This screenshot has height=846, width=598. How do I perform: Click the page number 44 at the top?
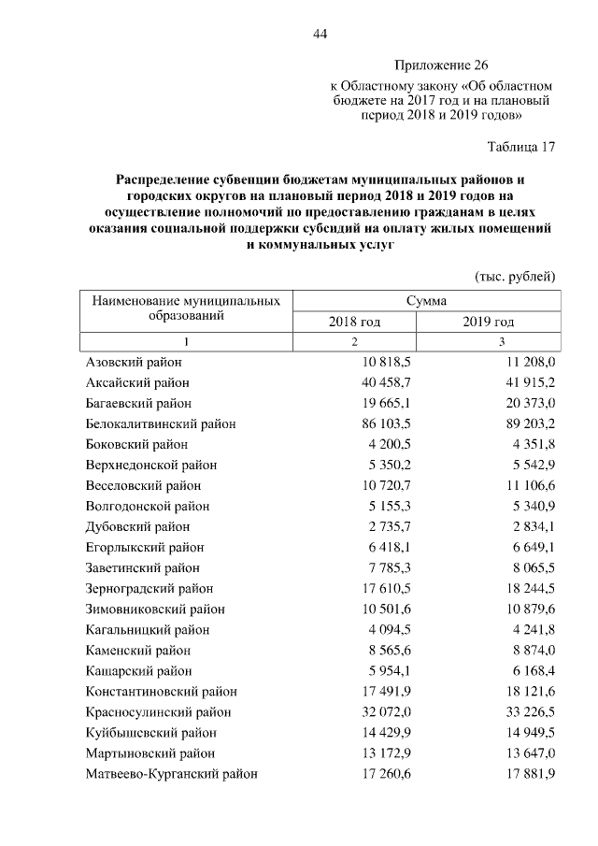click(320, 35)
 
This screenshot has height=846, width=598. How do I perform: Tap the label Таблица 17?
click(521, 147)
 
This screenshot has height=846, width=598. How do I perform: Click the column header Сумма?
click(426, 301)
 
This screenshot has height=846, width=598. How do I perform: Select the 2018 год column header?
click(354, 322)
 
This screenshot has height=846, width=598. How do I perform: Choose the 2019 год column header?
click(488, 322)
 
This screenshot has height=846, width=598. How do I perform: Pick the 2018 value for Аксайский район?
click(386, 382)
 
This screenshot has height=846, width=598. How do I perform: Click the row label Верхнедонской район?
click(151, 465)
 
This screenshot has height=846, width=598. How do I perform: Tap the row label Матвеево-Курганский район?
click(172, 773)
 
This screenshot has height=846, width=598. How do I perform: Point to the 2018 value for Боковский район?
click(391, 444)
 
